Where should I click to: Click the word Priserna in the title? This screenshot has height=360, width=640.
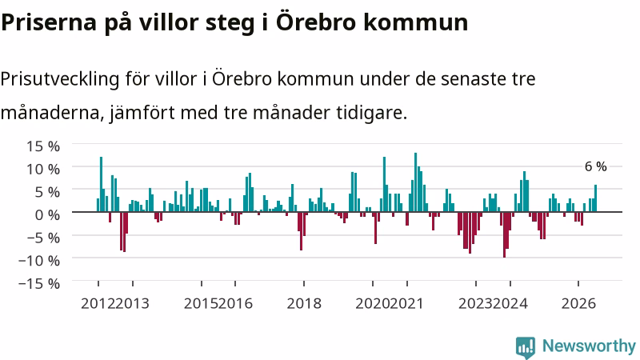point(49,22)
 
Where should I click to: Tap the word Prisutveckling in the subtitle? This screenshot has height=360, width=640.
point(59,78)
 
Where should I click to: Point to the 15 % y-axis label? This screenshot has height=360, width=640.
point(43,146)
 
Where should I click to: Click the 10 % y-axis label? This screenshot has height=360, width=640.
point(43,169)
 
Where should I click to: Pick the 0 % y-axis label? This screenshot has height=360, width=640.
point(47,214)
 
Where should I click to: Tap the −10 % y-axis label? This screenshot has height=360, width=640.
point(39,261)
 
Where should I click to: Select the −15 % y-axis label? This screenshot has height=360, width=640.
point(39,283)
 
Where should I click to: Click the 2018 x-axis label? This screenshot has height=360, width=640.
point(304,304)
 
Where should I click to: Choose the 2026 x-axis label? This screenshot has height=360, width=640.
point(578,304)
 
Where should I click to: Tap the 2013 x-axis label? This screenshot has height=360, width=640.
point(132,304)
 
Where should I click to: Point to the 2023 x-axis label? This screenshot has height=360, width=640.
point(475,304)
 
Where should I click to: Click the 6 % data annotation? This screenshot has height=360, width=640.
point(595,166)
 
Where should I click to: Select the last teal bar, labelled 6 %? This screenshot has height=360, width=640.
point(595,198)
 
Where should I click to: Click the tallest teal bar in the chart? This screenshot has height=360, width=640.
point(415,182)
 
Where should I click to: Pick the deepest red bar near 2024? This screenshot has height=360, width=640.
point(505,234)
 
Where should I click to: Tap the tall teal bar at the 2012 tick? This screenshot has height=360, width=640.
point(102,185)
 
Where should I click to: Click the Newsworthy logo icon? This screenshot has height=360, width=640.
point(526,347)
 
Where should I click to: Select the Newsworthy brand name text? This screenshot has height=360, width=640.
point(589,346)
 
